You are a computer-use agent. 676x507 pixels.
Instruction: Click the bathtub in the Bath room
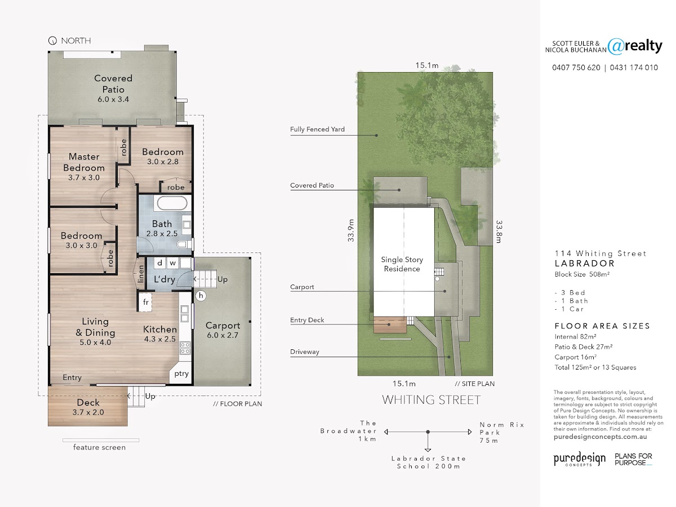172,203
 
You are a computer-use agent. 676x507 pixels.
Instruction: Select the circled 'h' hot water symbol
201,296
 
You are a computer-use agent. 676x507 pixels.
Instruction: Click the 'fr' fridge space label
146,302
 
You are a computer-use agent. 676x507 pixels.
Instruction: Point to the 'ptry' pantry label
181,373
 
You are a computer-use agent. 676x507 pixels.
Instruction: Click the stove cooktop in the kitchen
185,348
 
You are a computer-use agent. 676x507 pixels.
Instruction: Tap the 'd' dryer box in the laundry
159,263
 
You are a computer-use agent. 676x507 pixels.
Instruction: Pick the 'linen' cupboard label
140,274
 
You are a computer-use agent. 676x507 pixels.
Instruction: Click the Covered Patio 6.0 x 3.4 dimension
113,99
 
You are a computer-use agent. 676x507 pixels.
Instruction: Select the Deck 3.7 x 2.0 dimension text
88,412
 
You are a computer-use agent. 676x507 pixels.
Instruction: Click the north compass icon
52,41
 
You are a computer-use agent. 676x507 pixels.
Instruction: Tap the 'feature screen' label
99,447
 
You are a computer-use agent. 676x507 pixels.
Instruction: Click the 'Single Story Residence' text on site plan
402,264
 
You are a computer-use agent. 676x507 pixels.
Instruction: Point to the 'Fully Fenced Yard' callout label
317,130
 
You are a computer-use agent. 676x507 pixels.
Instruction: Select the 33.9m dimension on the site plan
351,230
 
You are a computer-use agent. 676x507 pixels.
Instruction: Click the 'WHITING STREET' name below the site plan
431,400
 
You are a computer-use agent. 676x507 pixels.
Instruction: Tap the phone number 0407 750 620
576,68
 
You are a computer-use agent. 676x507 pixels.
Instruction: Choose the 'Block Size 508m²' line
582,274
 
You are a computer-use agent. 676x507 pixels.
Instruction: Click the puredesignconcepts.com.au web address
601,437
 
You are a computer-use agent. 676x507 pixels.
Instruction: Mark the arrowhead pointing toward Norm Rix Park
470,432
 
